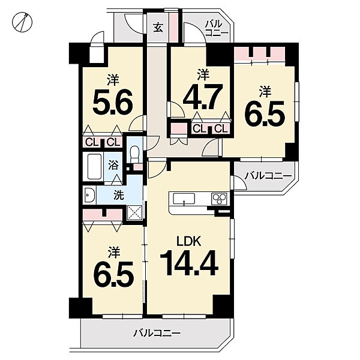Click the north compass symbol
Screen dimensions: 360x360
[x=22, y=22]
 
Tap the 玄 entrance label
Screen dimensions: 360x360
[x=158, y=28]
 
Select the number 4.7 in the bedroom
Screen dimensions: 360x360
[x=203, y=97]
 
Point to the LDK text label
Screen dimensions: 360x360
[x=189, y=242]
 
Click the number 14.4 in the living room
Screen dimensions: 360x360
[x=189, y=263]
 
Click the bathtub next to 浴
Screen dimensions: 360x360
[x=95, y=167]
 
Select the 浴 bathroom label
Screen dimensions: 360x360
[x=113, y=165]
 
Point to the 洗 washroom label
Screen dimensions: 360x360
[x=119, y=195]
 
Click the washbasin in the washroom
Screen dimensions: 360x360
[x=90, y=195]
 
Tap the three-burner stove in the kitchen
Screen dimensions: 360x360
[x=220, y=198]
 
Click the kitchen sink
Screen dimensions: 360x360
[x=184, y=198]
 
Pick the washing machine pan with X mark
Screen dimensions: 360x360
[x=135, y=212]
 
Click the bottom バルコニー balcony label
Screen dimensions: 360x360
[x=157, y=333]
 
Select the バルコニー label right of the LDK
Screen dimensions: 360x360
[x=268, y=176]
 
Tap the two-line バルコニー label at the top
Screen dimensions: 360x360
[x=216, y=28]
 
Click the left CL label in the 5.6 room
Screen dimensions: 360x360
[x=92, y=143]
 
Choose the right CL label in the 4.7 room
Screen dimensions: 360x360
[x=221, y=129]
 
